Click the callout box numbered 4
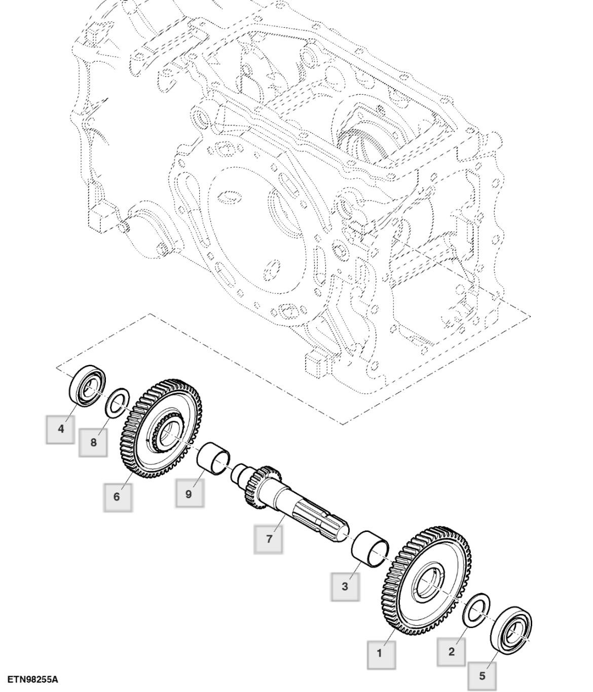click(60, 429)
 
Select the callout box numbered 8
click(93, 442)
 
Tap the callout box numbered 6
click(117, 496)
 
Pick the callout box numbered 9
click(189, 493)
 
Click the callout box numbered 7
click(269, 539)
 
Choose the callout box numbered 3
click(345, 587)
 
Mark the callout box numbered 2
click(452, 651)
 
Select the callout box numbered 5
click(481, 675)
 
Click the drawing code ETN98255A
click(33, 679)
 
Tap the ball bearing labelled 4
click(88, 385)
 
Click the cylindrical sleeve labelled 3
click(370, 548)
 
